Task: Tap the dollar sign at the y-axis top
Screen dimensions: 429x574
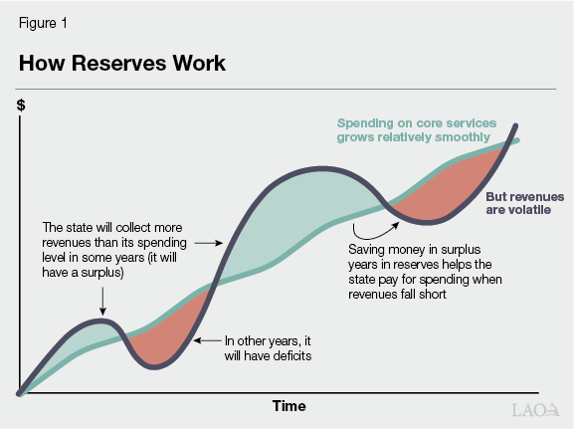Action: coord(21,105)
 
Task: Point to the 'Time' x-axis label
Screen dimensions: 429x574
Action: coord(289,406)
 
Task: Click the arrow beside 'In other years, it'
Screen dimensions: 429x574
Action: coord(207,340)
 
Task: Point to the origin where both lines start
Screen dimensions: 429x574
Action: coord(20,393)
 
